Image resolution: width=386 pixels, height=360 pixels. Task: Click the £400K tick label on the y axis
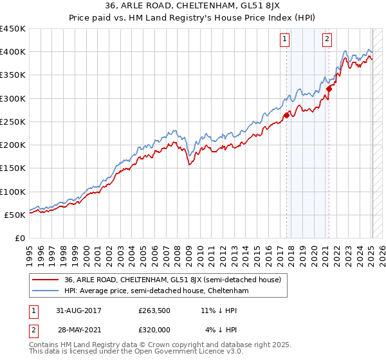click(13, 52)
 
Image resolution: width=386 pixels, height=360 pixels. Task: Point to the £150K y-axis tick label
click(13, 168)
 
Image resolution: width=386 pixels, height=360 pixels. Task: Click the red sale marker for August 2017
click(286, 116)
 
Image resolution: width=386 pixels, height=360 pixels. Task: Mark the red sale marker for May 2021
click(329, 89)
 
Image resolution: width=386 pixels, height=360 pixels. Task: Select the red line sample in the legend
click(45, 280)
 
